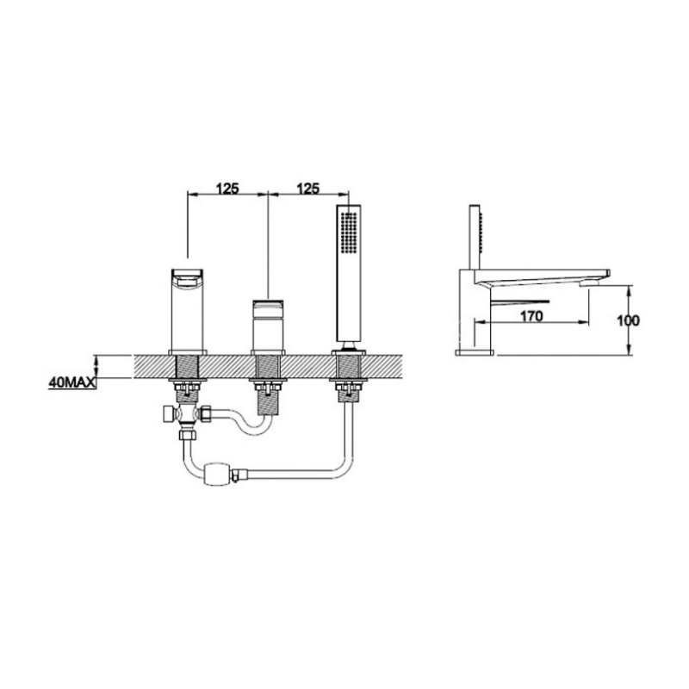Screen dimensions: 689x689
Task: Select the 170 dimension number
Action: [531, 316]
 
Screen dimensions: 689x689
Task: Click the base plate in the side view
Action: [474, 351]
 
